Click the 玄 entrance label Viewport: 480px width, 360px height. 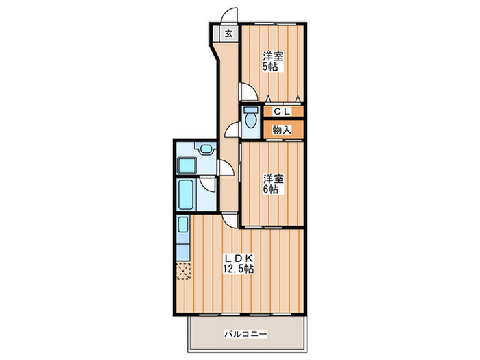click(x=228, y=34)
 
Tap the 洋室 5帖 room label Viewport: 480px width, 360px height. click(x=273, y=62)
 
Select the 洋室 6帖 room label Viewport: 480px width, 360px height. click(x=273, y=184)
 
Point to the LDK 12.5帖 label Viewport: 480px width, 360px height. click(x=239, y=263)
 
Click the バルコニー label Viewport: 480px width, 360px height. click(x=245, y=333)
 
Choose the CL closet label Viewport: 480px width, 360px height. click(x=282, y=112)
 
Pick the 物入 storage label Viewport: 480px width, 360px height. click(x=282, y=130)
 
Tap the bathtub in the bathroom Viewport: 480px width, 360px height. click(x=186, y=195)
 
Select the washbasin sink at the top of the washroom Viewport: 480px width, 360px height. click(x=206, y=149)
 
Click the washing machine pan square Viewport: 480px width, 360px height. click(x=187, y=166)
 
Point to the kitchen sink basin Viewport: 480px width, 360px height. click(x=183, y=224)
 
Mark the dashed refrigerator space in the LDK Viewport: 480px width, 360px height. click(x=184, y=271)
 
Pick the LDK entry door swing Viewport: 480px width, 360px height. click(x=228, y=221)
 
